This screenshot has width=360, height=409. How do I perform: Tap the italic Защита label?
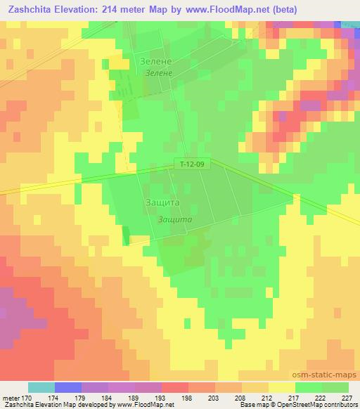tap(175, 219)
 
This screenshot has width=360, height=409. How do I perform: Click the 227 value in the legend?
tap(347, 398)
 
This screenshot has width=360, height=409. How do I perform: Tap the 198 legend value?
tap(188, 398)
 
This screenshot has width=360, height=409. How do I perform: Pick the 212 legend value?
tap(268, 398)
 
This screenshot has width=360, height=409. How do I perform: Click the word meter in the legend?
tap(11, 398)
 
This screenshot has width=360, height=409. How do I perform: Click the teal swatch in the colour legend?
tap(41, 387)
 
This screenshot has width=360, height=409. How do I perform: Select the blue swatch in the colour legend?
tap(68, 387)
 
